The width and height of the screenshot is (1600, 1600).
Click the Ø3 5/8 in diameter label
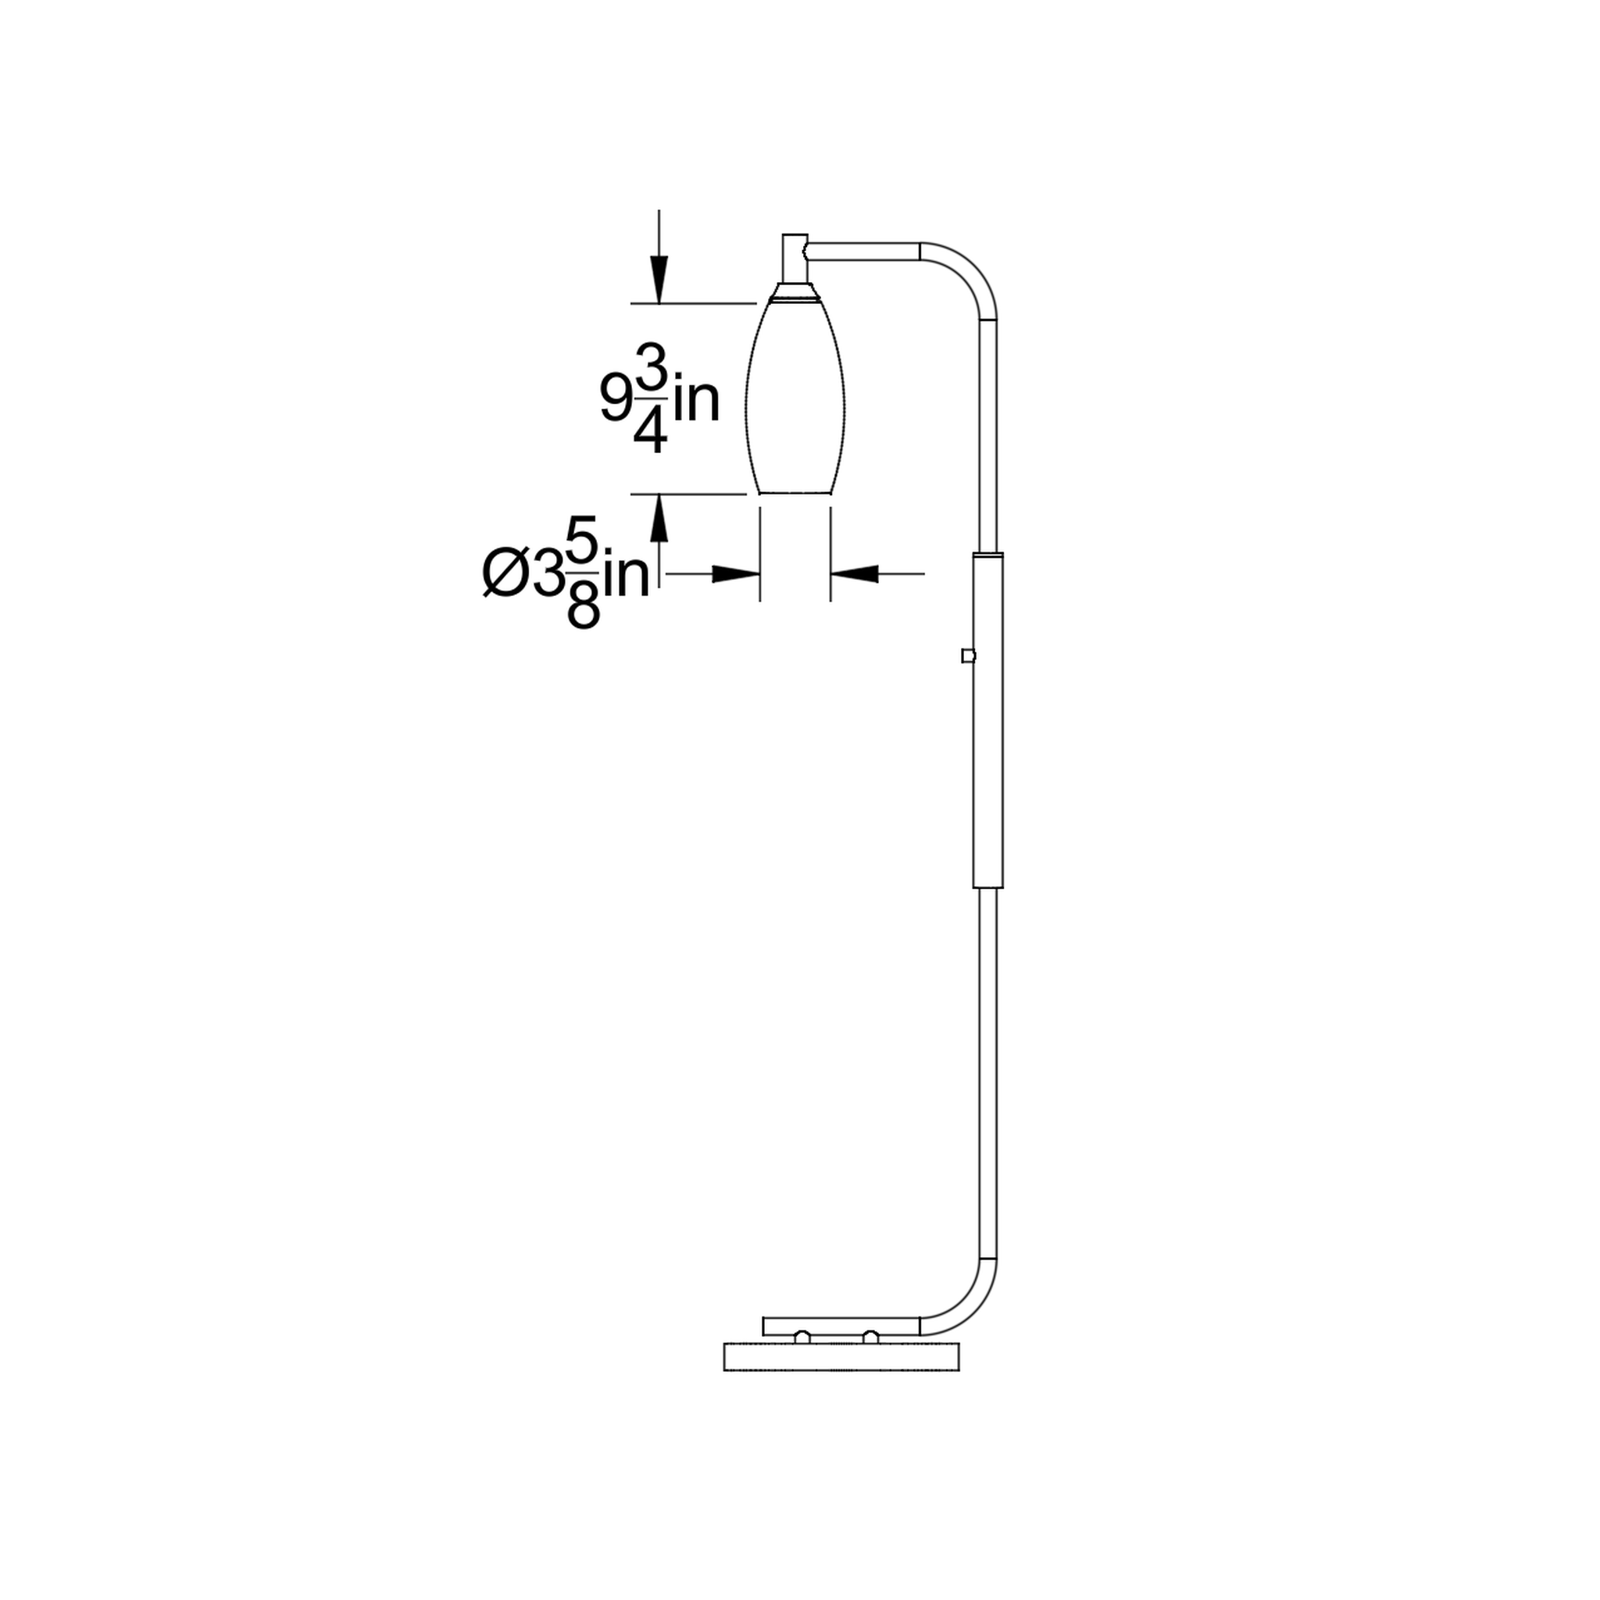click(566, 572)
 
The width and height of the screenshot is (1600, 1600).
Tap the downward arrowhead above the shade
click(659, 280)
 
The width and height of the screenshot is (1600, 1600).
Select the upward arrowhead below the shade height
click(659, 518)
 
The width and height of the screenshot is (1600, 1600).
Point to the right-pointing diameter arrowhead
click(736, 573)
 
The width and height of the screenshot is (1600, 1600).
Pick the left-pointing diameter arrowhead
click(854, 573)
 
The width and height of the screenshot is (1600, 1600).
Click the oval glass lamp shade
click(795, 398)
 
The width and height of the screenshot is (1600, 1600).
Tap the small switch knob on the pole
click(967, 656)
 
